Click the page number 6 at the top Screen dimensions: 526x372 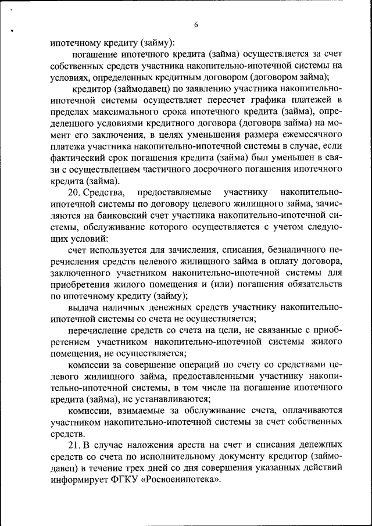pos(196,24)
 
